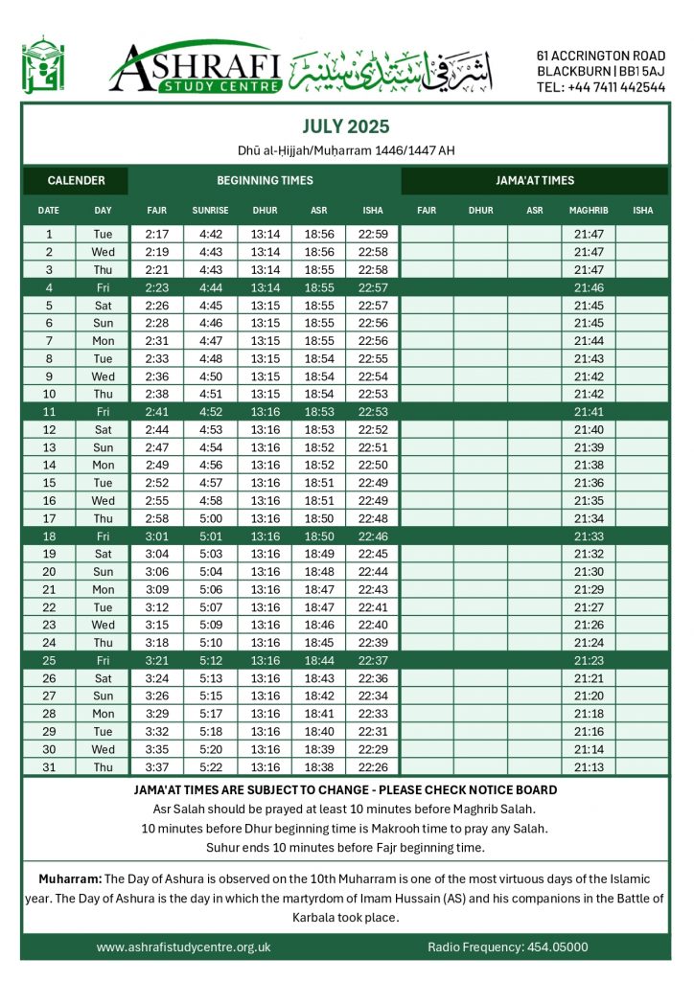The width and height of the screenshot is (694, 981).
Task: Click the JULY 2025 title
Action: [x=346, y=126]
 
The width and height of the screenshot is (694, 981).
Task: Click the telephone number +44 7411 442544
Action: [x=601, y=86]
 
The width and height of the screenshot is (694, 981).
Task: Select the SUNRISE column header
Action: [x=210, y=210]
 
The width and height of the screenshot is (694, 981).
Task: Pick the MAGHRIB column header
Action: [x=588, y=210]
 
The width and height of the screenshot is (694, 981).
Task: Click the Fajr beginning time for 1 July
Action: [x=156, y=234]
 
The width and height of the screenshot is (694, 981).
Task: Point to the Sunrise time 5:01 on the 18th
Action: [x=210, y=536]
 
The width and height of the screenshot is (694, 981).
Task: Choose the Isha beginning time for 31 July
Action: [x=373, y=766]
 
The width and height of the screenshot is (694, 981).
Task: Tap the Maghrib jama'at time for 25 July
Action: [x=588, y=660]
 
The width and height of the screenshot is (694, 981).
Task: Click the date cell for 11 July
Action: [x=49, y=411]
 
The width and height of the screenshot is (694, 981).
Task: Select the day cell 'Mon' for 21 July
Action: [x=103, y=589]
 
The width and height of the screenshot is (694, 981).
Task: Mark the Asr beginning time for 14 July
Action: [x=318, y=465]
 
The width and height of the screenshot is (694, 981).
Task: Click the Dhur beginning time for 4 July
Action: [x=265, y=286]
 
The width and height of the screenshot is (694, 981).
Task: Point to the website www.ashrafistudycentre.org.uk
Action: [x=184, y=947]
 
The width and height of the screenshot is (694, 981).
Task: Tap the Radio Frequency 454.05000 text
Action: [x=507, y=947]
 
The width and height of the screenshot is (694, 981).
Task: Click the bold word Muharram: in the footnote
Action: [x=69, y=878]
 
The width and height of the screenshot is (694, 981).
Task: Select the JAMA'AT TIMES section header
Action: [x=534, y=180]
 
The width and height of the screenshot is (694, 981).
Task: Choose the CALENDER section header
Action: [x=75, y=180]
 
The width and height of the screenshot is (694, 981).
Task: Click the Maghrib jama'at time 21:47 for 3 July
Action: [x=588, y=270]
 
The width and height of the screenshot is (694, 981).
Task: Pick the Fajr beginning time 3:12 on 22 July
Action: [x=156, y=606]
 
